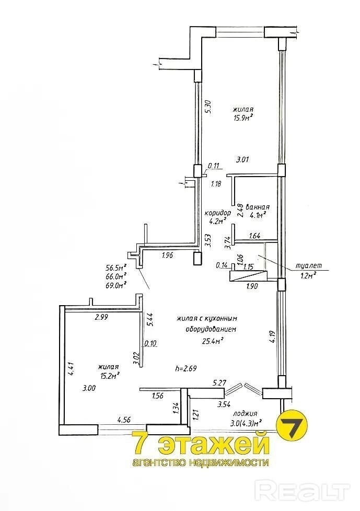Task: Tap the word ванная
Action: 258,207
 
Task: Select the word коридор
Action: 218,213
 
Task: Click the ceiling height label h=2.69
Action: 186,368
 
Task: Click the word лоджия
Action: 245,414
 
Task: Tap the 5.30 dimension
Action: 209,107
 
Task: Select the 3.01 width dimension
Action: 242,160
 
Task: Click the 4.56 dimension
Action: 124,420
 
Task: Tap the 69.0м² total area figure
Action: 115,285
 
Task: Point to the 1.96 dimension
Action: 167,255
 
